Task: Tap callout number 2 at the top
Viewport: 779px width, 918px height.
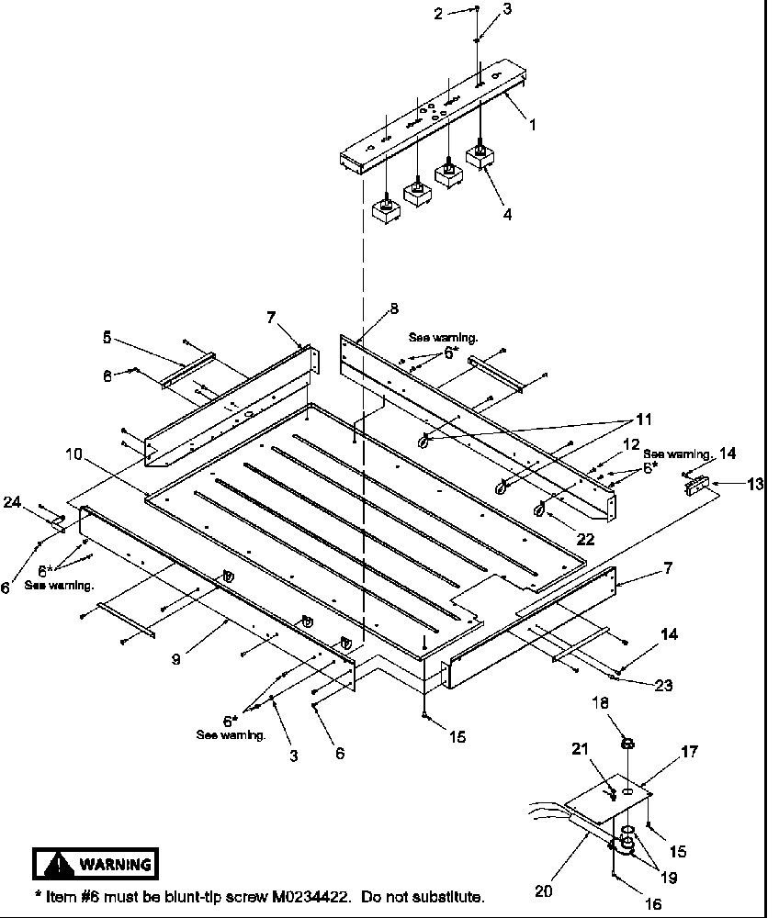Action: coord(438,13)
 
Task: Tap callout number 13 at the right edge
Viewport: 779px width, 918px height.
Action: coord(755,484)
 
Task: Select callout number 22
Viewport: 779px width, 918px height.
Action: coord(584,539)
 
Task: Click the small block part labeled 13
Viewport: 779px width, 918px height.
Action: coord(699,487)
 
